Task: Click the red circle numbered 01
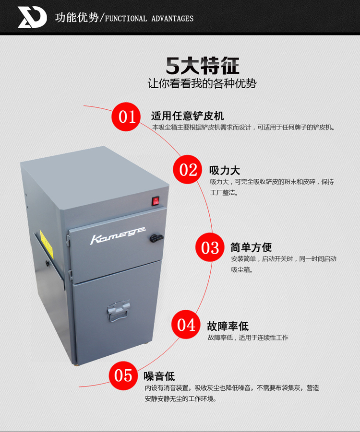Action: click(x=126, y=117)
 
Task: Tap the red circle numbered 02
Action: click(x=188, y=169)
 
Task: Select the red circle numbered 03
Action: click(x=210, y=247)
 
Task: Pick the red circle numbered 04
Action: click(x=186, y=325)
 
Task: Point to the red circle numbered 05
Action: click(x=123, y=376)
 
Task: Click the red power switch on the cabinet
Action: click(x=156, y=201)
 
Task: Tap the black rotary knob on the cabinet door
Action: click(x=156, y=238)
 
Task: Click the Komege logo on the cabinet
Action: click(x=118, y=235)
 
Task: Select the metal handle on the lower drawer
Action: click(x=119, y=311)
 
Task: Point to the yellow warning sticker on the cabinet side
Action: click(x=46, y=244)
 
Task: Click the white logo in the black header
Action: click(x=32, y=17)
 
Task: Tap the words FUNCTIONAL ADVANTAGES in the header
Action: click(x=149, y=18)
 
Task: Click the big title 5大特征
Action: click(x=203, y=66)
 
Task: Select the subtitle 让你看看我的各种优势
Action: click(x=202, y=83)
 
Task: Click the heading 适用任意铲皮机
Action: click(x=188, y=116)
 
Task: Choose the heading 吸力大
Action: click(x=225, y=171)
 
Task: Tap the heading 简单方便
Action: click(x=252, y=247)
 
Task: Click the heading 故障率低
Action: click(x=228, y=326)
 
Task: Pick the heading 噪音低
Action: click(x=159, y=376)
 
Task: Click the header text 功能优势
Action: click(x=77, y=18)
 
